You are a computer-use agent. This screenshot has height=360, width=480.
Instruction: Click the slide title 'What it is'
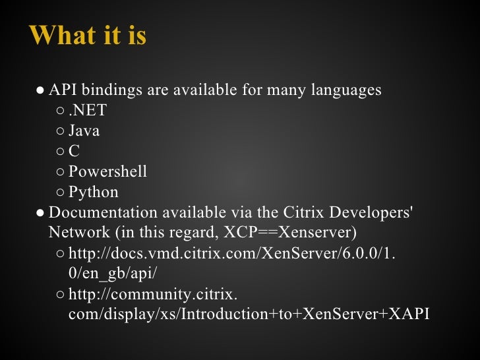coord(88,36)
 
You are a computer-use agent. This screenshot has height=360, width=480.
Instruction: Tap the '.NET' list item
coord(88,110)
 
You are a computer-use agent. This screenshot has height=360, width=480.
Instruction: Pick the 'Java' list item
coord(84,131)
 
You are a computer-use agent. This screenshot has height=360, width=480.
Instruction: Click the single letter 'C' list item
coord(74,151)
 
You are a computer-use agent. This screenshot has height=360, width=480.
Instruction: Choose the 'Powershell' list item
coord(107,171)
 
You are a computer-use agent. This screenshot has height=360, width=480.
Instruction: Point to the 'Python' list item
coord(94,192)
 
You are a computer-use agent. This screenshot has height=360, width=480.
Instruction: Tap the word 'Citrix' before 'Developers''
coord(306,212)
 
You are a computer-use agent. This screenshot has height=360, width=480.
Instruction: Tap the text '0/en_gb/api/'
coord(113,274)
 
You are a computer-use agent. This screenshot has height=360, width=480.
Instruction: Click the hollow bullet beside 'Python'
coord(60,193)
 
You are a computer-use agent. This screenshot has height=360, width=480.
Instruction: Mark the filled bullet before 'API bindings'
coord(40,90)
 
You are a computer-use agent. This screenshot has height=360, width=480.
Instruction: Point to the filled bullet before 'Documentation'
coord(40,213)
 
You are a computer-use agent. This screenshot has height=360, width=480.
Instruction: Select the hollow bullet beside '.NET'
coord(60,111)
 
